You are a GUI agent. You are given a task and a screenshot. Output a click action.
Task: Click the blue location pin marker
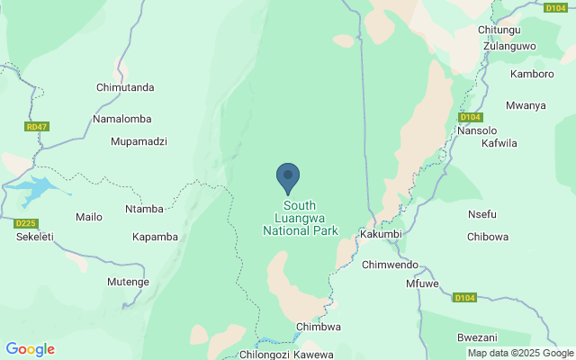point(288,177)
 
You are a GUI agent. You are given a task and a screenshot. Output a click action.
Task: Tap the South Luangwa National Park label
point(300,218)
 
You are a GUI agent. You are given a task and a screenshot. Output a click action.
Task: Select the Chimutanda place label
point(125,87)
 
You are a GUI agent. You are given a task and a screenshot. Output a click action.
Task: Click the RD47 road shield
point(37,127)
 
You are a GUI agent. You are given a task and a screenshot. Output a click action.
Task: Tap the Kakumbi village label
point(379,233)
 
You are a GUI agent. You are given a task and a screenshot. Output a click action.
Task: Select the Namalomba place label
point(122,119)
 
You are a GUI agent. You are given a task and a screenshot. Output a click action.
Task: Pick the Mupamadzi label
point(139,141)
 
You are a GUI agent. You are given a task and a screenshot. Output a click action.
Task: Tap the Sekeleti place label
point(36,237)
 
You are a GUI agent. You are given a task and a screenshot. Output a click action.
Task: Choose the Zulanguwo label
point(509,45)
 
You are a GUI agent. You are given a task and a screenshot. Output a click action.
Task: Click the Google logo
point(30,349)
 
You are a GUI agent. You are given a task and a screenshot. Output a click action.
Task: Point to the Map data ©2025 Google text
point(519,353)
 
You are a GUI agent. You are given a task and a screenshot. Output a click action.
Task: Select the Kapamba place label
point(155,237)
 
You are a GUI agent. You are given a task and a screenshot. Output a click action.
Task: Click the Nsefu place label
point(482,214)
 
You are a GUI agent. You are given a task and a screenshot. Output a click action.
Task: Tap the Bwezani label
point(478,337)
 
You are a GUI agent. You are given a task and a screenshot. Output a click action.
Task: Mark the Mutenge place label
point(128,282)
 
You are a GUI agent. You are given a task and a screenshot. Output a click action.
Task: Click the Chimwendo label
point(390,265)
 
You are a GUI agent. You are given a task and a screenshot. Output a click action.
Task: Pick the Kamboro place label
point(532,74)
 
